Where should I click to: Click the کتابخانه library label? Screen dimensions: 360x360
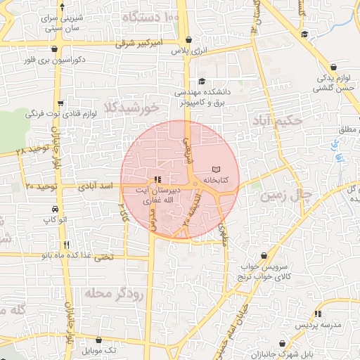click(217, 180)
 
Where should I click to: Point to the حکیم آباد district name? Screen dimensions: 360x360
click(279, 120)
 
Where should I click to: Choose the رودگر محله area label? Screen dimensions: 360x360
click(114, 292)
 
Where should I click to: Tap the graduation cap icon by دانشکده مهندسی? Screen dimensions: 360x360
click(202, 81)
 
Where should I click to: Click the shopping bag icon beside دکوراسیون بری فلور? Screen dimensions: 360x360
click(55, 49)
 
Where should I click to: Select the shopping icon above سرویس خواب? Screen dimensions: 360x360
click(264, 256)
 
